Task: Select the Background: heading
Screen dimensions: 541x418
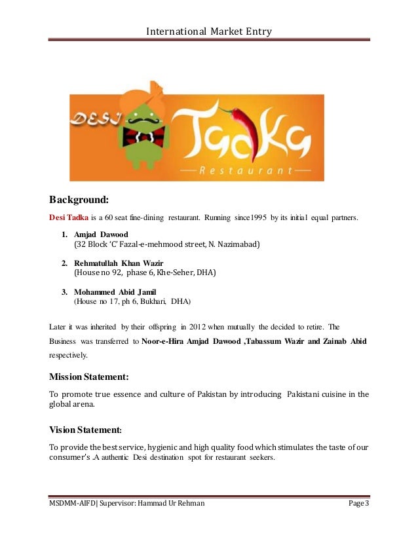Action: (83, 198)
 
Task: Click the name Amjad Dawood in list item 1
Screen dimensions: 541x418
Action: (101, 234)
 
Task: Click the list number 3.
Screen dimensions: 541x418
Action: (64, 291)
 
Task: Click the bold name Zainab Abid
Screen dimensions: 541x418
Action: (345, 341)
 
